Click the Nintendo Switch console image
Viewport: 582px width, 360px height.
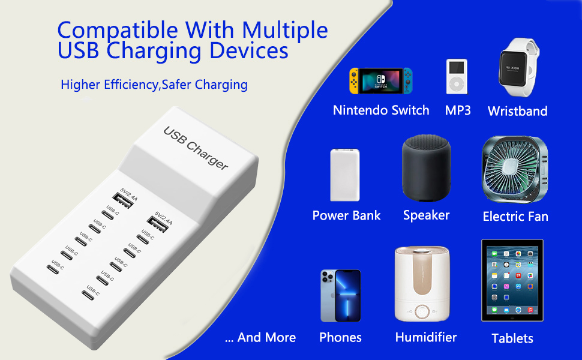pyautogui.click(x=381, y=80)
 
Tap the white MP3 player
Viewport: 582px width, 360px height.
pyautogui.click(x=457, y=76)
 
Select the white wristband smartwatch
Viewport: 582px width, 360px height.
pyautogui.click(x=517, y=69)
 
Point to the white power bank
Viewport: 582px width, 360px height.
pyautogui.click(x=345, y=175)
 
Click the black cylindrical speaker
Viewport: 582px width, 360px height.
pyautogui.click(x=425, y=169)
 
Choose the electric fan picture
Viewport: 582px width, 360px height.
pyautogui.click(x=515, y=170)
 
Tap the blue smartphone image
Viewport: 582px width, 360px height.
pyautogui.click(x=340, y=296)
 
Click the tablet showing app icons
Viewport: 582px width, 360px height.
pyautogui.click(x=512, y=280)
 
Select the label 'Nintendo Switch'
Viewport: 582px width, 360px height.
pyautogui.click(x=381, y=110)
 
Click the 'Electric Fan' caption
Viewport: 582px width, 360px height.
pyautogui.click(x=515, y=217)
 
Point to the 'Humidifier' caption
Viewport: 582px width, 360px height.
pyautogui.click(x=426, y=337)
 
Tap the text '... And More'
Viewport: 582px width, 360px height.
pyautogui.click(x=260, y=337)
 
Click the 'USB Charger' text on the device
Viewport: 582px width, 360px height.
pyautogui.click(x=196, y=148)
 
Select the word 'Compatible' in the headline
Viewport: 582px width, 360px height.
pyautogui.click(x=118, y=30)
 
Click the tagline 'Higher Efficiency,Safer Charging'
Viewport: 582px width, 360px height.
pyautogui.click(x=154, y=85)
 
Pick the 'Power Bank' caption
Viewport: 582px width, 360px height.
pyautogui.click(x=346, y=215)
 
